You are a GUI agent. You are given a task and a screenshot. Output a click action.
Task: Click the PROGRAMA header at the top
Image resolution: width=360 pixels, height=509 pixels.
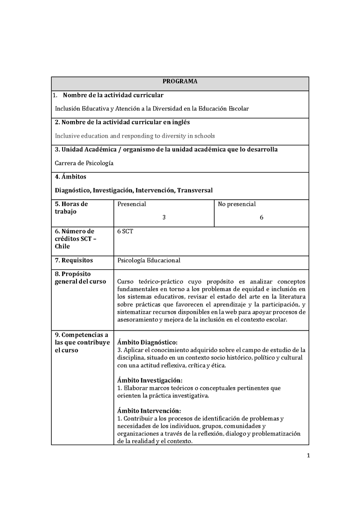[x=180, y=82]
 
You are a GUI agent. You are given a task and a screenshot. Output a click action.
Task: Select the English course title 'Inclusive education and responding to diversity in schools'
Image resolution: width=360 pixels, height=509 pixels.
[x=135, y=136]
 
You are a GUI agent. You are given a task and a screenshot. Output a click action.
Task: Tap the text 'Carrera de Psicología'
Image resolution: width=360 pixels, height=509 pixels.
[x=84, y=163]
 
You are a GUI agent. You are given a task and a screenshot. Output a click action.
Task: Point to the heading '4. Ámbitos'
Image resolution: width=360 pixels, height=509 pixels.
[x=71, y=177]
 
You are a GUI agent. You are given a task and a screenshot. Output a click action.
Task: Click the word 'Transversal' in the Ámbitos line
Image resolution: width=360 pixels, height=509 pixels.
[x=195, y=191]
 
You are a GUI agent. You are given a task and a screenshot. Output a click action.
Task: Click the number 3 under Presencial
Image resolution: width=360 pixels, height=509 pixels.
[x=164, y=217]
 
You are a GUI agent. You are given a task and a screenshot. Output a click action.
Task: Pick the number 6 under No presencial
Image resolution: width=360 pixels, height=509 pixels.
[x=261, y=217]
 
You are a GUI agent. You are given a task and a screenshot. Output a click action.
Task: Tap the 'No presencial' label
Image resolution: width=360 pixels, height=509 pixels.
[x=237, y=204]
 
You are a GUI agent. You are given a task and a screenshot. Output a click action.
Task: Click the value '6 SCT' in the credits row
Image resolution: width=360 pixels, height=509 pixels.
[x=125, y=232]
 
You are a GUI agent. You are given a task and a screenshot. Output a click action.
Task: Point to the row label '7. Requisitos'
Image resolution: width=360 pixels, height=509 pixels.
[x=74, y=260]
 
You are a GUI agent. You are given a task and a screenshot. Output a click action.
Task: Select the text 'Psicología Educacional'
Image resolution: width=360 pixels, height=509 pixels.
[x=148, y=260]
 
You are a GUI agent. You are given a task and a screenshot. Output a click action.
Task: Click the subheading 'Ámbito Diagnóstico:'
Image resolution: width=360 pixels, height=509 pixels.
[x=147, y=342]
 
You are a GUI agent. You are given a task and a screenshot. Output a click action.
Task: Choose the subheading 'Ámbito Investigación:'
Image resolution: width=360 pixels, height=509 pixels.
[x=149, y=380]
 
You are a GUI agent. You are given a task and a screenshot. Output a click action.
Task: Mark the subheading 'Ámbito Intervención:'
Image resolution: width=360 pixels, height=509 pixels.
[x=149, y=411]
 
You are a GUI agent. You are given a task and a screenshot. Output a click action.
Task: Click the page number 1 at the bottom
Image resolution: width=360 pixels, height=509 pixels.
[x=308, y=456]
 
